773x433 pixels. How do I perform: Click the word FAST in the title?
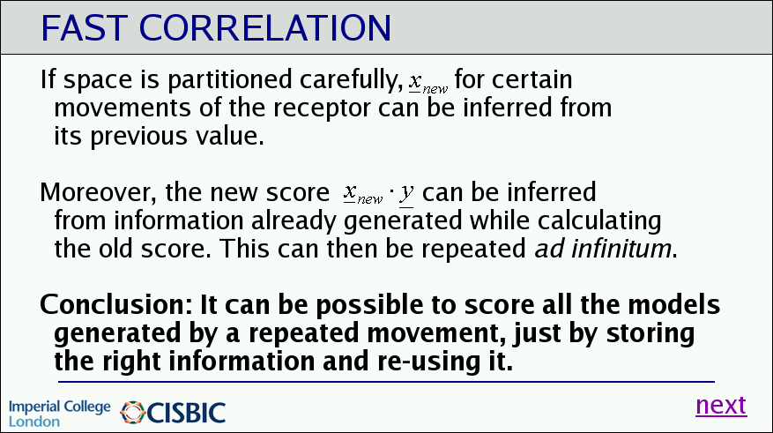point(85,28)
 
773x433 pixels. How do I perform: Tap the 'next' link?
point(721,406)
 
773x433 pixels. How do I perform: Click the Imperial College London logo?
point(60,414)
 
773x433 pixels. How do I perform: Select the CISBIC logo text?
point(186,414)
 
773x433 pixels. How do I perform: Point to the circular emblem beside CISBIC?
point(132,413)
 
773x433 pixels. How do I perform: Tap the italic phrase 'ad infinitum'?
point(603,248)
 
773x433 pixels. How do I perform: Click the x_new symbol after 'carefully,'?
point(427,83)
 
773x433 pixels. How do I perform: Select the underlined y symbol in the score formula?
point(406,193)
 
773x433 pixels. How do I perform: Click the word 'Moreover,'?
point(98,192)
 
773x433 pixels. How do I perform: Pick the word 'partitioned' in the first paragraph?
point(230,80)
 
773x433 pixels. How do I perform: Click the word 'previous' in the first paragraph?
point(138,137)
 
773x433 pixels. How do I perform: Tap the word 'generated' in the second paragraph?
point(403,222)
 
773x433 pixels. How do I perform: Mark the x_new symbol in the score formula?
point(363,193)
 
